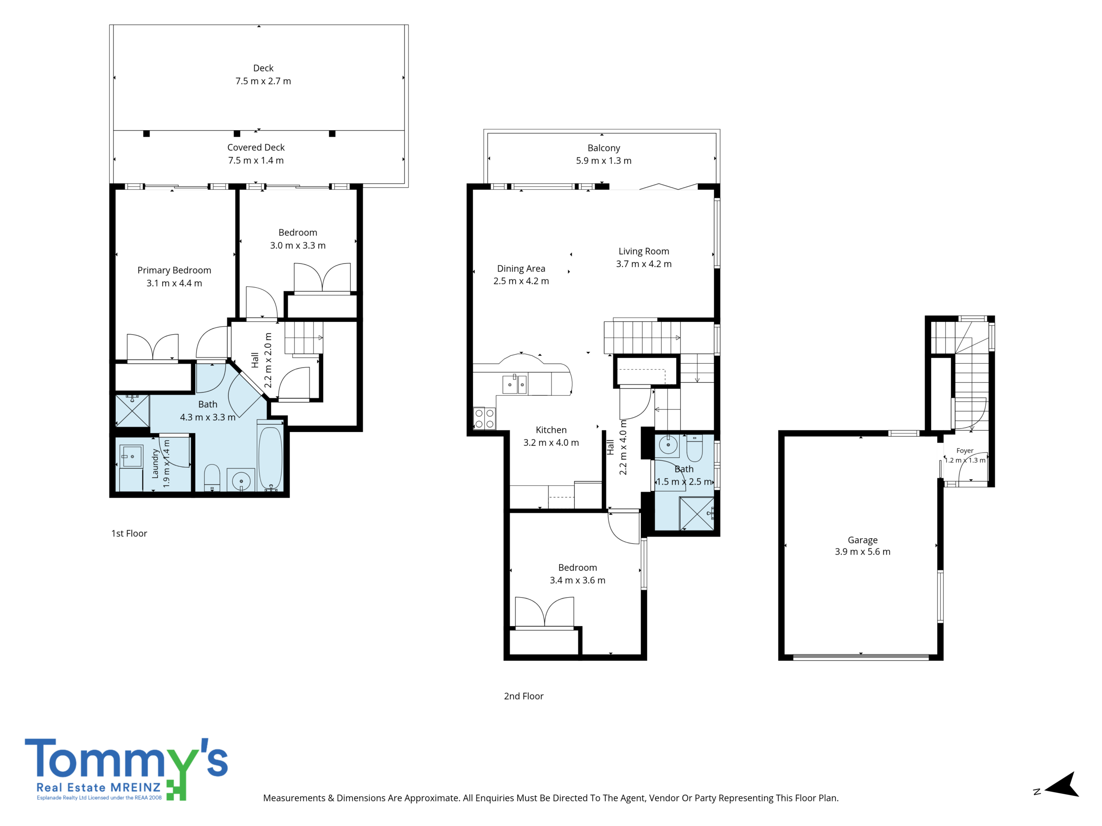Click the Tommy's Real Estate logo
[127, 769]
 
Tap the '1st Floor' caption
[129, 533]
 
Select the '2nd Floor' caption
[523, 696]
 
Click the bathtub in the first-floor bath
[270, 457]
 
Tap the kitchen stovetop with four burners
[484, 418]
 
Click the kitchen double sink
[515, 384]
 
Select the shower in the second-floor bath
[697, 513]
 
